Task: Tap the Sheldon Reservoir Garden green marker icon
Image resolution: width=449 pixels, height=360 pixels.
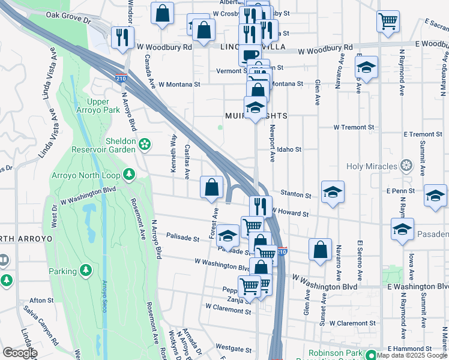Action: (144, 143)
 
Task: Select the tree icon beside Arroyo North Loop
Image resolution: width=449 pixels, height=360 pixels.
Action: (128, 174)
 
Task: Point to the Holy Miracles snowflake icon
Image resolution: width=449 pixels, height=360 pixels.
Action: (406, 166)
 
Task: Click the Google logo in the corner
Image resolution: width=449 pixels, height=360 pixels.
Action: (20, 353)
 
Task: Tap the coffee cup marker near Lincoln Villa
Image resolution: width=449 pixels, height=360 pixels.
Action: (250, 55)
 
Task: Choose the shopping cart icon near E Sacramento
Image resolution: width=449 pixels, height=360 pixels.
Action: (388, 21)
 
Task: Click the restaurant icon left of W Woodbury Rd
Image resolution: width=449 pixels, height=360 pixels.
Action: (122, 37)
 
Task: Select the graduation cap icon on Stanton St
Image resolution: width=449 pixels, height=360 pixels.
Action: (333, 192)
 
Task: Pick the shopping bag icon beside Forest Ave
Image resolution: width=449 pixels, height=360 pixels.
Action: (211, 187)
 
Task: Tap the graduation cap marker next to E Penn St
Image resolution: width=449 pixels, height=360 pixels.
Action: (435, 196)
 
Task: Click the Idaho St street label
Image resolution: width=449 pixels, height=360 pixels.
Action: (289, 149)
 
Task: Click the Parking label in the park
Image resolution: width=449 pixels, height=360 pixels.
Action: (62, 271)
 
